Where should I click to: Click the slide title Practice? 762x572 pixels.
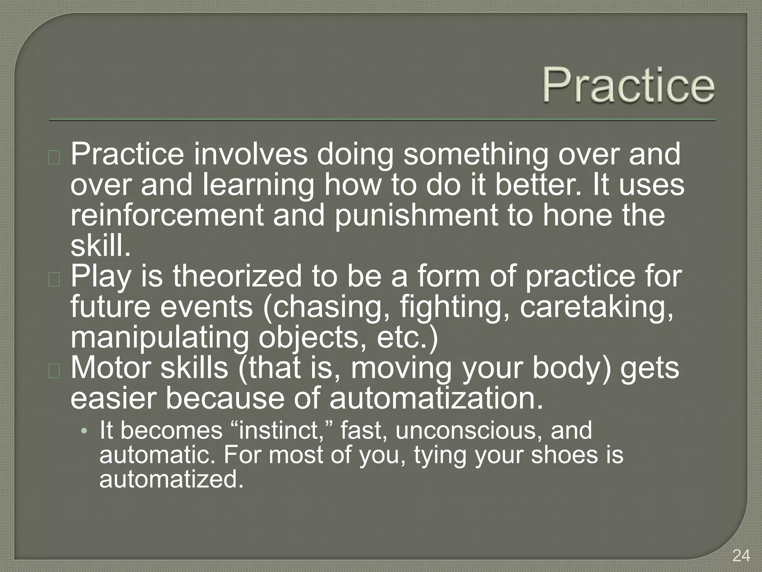tap(628, 85)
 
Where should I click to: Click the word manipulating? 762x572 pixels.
tap(159, 338)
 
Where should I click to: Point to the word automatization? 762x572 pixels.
tap(436, 398)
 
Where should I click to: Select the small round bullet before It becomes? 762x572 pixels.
tap(85, 431)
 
